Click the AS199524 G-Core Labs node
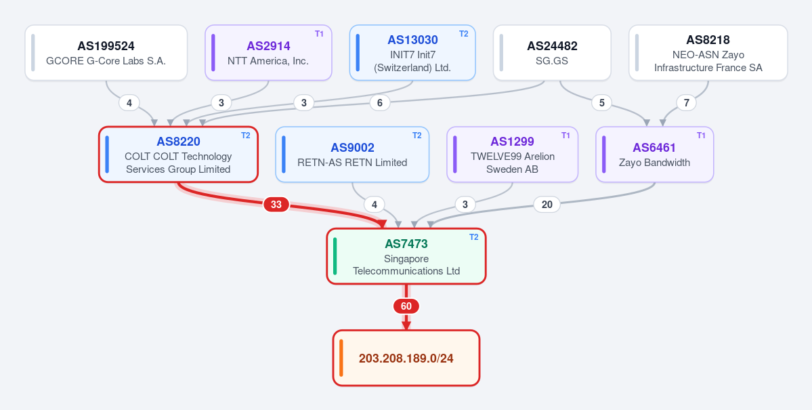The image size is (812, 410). point(106,53)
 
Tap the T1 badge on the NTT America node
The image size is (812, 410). point(319,34)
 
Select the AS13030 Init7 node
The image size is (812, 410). point(412,53)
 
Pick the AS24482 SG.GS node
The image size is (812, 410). point(552,53)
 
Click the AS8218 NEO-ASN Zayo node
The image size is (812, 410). point(708,53)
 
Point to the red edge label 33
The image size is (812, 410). point(276,205)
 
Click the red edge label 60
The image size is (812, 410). point(406,306)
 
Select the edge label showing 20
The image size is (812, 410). point(547,205)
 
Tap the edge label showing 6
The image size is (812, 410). point(380,103)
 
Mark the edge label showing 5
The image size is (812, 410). point(602,103)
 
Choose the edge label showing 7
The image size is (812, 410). point(686,103)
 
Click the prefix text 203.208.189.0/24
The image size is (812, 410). point(406,358)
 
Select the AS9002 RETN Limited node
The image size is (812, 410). point(352,155)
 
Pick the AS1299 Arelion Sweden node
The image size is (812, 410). point(512,155)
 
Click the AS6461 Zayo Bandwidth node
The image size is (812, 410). point(655,155)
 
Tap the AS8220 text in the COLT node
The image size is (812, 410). point(178,142)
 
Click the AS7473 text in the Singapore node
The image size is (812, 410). point(406,243)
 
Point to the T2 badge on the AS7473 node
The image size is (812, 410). point(474,237)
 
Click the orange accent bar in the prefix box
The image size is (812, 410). point(341,358)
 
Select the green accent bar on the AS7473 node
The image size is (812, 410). point(335,256)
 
